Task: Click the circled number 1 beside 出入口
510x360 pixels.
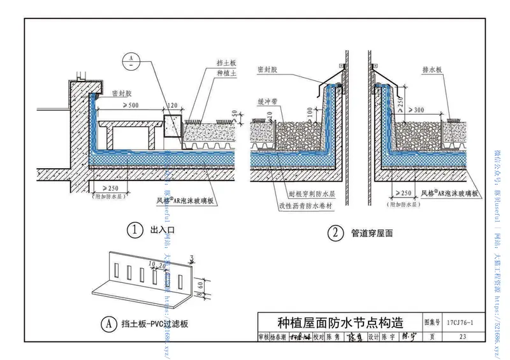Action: (x=134, y=231)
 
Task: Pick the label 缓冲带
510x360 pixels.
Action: (x=265, y=101)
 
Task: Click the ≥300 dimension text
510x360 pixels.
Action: (x=416, y=110)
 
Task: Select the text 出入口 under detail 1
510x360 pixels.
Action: (x=159, y=231)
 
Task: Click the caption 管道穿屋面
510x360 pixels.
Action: (x=372, y=233)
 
